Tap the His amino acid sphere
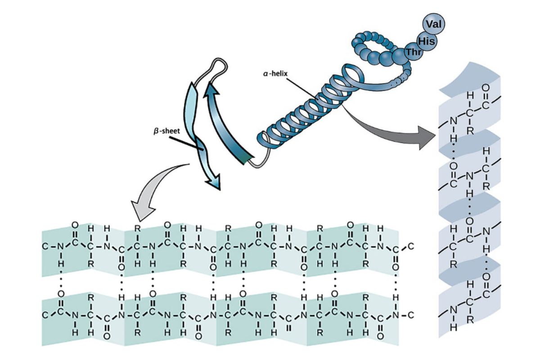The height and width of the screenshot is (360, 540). coord(425,41)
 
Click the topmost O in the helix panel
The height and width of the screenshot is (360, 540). coord(485,86)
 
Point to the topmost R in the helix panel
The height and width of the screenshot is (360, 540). coord(470,131)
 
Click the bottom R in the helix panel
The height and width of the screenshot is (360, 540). coord(470,319)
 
